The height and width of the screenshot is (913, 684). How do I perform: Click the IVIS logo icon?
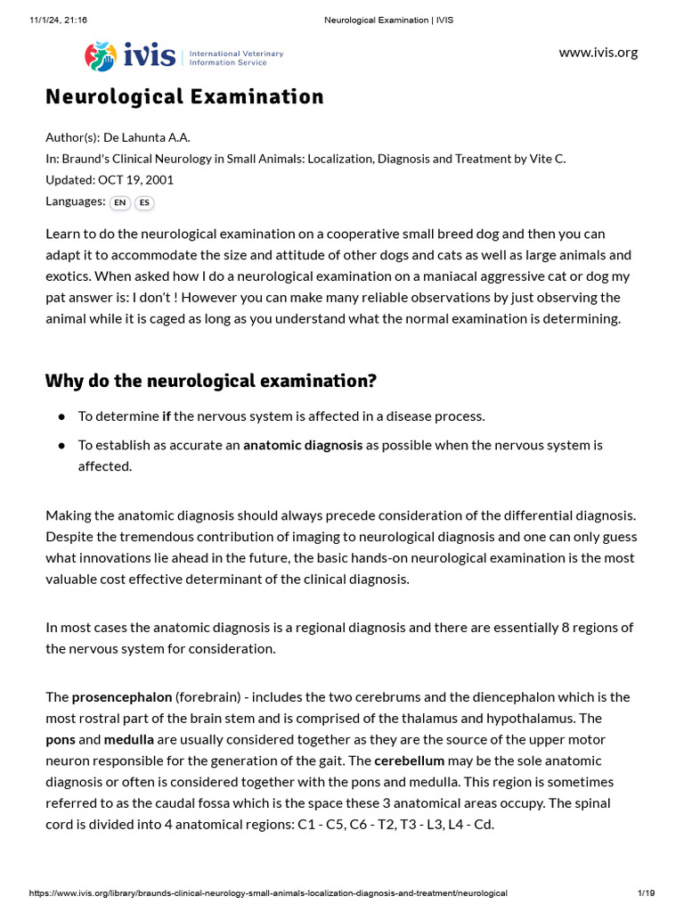[100, 56]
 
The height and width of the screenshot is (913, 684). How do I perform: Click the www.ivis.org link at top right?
[598, 52]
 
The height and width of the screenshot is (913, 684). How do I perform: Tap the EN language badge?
[119, 202]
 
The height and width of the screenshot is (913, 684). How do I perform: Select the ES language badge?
[144, 202]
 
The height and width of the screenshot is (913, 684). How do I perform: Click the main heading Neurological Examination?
[184, 96]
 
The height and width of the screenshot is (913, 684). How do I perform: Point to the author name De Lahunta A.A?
[147, 136]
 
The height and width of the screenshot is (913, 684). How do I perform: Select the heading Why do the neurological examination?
[211, 381]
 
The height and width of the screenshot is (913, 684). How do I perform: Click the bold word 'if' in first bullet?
[167, 415]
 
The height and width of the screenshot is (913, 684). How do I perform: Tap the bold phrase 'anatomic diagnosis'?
[303, 444]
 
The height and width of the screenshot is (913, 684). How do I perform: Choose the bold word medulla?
[129, 739]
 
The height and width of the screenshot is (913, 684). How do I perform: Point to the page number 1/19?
[646, 892]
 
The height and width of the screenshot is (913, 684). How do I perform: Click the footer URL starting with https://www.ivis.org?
[267, 892]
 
